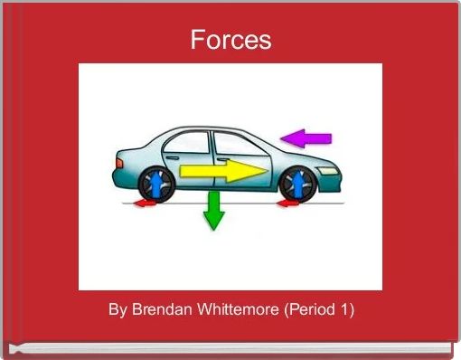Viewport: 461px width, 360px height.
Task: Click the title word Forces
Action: pyautogui.click(x=230, y=41)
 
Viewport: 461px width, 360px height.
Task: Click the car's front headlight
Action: pyautogui.click(x=330, y=169)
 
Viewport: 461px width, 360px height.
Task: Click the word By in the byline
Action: pyautogui.click(x=118, y=309)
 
